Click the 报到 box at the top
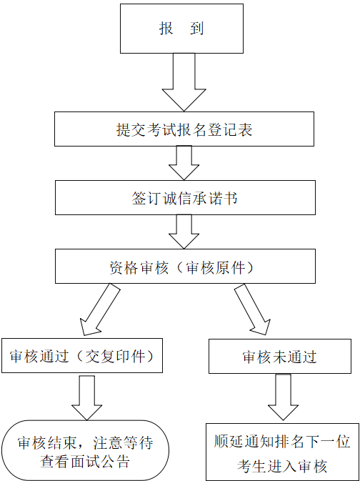tap(181, 29)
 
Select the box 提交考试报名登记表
tap(184, 129)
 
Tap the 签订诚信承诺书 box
tap(185, 197)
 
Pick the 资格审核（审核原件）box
tap(185, 266)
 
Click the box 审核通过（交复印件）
tap(82, 355)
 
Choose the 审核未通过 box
tap(280, 356)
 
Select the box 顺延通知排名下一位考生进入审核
tap(282, 452)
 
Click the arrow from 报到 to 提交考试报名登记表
tap(184, 82)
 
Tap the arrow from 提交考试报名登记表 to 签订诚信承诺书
tap(184, 163)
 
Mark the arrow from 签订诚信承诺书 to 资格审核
tap(184, 232)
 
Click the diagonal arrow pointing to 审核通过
tap(99, 310)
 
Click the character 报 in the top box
tap(166, 29)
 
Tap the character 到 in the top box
tap(196, 29)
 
